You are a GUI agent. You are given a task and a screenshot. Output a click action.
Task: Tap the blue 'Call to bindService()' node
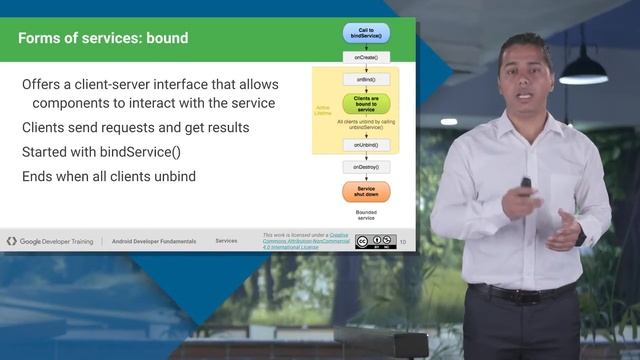tap(366, 33)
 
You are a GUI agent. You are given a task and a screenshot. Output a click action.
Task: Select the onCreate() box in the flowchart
tap(366, 57)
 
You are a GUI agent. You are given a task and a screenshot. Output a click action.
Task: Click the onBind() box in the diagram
tap(366, 78)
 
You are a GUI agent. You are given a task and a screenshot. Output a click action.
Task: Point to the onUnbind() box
tap(366, 145)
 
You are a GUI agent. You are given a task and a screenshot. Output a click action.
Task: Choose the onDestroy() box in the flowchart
tap(366, 167)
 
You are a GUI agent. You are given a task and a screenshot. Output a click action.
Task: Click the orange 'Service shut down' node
tap(366, 191)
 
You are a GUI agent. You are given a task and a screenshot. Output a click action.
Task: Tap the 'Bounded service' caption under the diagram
tap(366, 215)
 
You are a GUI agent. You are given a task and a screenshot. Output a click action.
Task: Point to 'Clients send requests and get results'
tap(136, 127)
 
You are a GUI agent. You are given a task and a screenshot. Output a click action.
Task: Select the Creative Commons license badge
tap(375, 241)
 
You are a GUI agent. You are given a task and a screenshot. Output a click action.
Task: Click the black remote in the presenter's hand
tap(526, 185)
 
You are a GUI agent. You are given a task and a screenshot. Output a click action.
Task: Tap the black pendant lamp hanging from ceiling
tap(583, 69)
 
